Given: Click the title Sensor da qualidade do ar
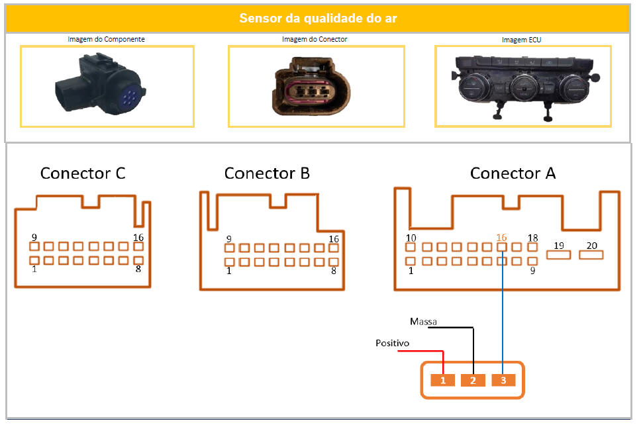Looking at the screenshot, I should pos(318,18).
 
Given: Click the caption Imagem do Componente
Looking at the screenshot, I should pos(106,39).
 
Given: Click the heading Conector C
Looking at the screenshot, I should pos(83,173).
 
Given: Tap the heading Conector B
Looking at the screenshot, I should pos(267,173).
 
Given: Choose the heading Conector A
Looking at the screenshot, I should pos(513,173).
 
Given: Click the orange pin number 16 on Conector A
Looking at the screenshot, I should pos(501,237).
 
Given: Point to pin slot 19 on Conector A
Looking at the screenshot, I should pos(559,254).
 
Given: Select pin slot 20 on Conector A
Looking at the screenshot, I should pos(591,254).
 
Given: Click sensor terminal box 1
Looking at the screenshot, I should pos(443,380).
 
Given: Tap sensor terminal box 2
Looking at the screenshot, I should pos(473,380).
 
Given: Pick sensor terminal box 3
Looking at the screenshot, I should pos(503,380).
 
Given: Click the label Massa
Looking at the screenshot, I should pos(423,322).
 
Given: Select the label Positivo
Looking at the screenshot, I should pos(392,343).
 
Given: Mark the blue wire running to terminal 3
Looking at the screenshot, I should pos(503,311).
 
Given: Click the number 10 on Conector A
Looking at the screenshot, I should pos(411,238).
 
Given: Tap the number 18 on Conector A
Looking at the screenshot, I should pos(533,238).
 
